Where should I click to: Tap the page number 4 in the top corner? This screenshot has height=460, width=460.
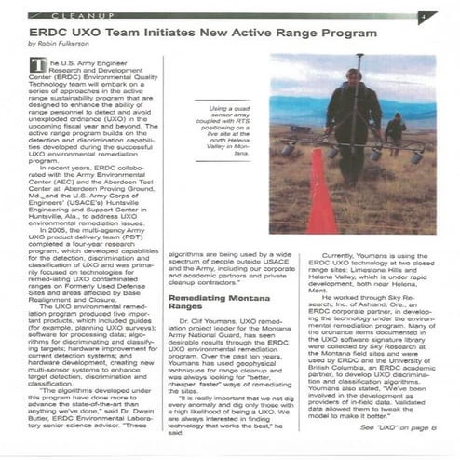[422, 17]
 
